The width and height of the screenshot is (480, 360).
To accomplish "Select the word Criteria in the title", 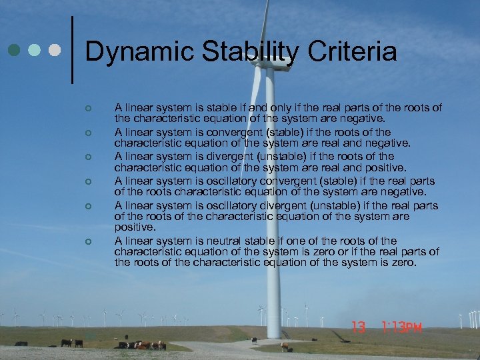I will (353, 52).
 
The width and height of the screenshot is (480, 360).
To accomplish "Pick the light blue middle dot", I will (34, 50).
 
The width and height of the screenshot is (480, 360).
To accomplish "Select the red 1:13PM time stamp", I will (403, 327).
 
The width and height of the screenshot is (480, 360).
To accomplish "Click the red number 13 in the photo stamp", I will (359, 327).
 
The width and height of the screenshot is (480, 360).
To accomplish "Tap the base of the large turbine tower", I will (273, 333).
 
